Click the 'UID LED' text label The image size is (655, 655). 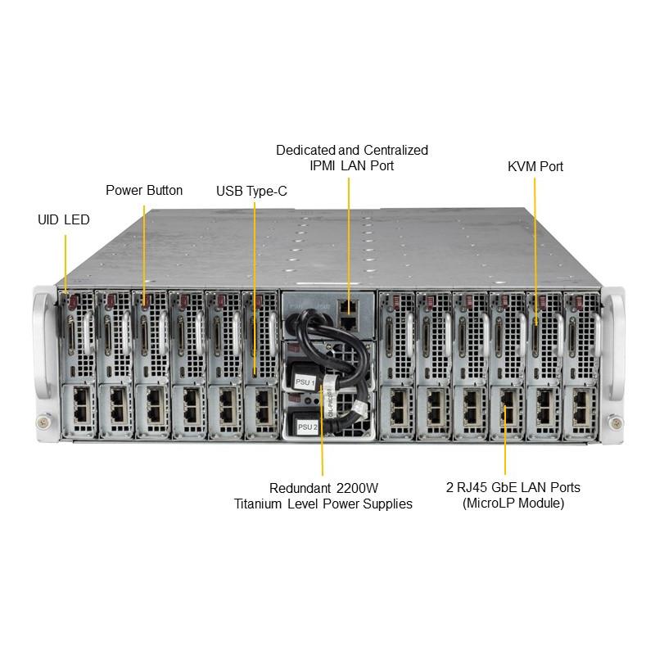point(64,220)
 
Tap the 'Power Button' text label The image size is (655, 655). point(144,190)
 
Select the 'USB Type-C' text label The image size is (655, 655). point(251,192)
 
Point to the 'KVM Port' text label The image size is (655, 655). point(535,166)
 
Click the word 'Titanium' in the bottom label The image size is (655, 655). point(259,504)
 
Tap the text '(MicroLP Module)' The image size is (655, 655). point(513,504)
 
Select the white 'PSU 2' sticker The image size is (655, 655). point(307,427)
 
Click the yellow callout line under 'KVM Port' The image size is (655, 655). point(535,246)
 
